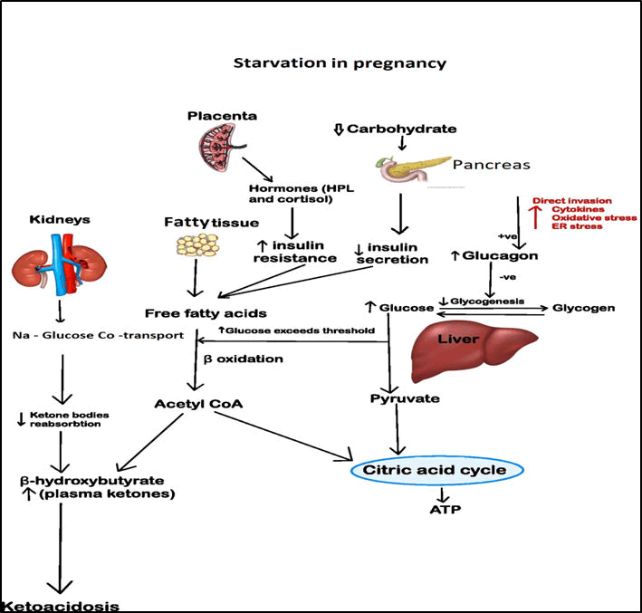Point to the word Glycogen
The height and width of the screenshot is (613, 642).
point(584,308)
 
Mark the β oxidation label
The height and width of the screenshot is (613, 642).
point(255,359)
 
